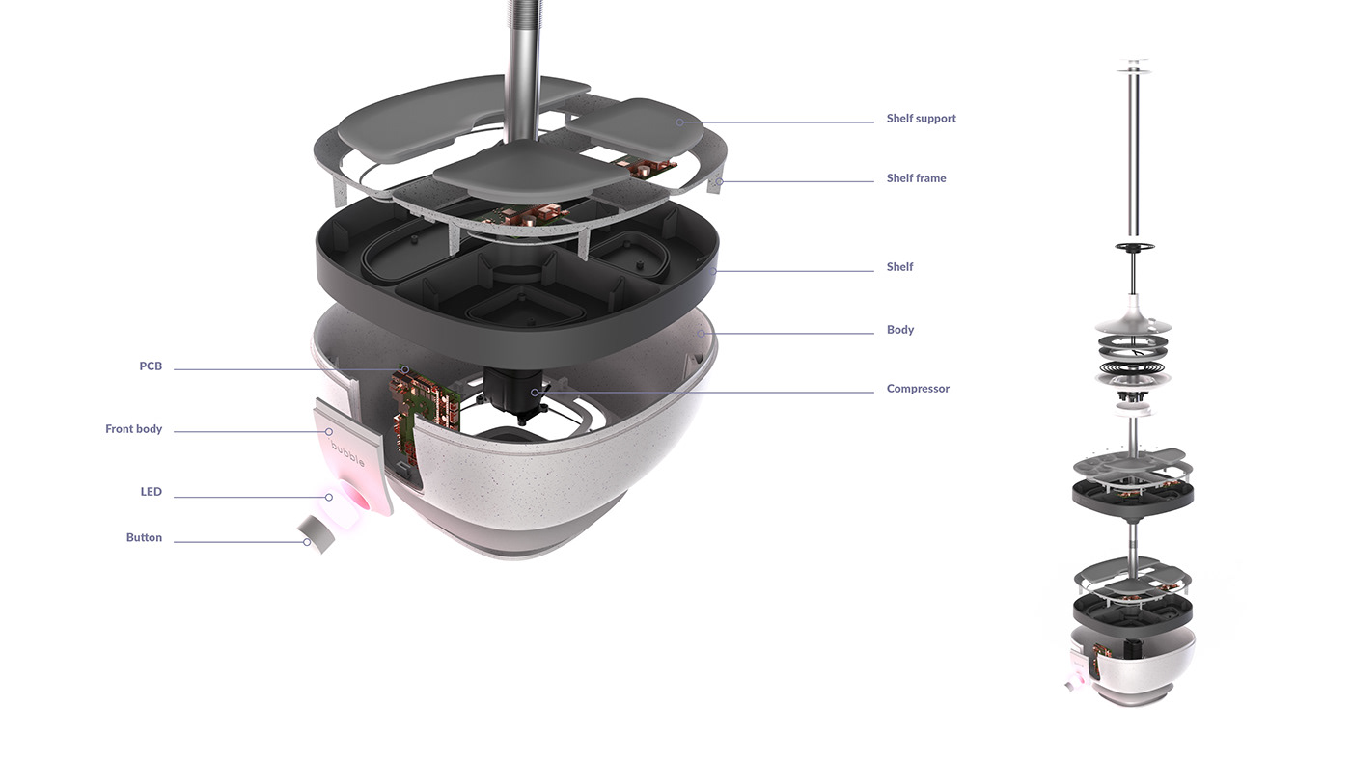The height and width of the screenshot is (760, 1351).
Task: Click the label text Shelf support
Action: click(x=921, y=119)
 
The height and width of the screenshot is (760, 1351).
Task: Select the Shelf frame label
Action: click(x=916, y=178)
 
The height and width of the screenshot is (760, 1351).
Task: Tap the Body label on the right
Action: click(x=899, y=330)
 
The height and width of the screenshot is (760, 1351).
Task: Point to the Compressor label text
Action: click(x=918, y=389)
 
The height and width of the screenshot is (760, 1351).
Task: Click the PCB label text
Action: click(x=151, y=366)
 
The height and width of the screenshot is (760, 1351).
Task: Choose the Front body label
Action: click(x=133, y=429)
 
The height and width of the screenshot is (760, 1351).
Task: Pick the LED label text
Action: click(x=151, y=492)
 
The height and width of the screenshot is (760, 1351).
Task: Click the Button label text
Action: click(x=144, y=538)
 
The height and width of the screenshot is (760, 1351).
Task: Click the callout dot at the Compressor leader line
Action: click(x=534, y=393)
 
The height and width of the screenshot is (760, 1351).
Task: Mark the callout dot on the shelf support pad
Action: click(x=679, y=122)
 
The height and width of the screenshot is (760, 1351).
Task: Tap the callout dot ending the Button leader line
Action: click(x=307, y=542)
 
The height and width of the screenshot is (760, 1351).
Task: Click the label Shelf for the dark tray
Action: click(x=899, y=267)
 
